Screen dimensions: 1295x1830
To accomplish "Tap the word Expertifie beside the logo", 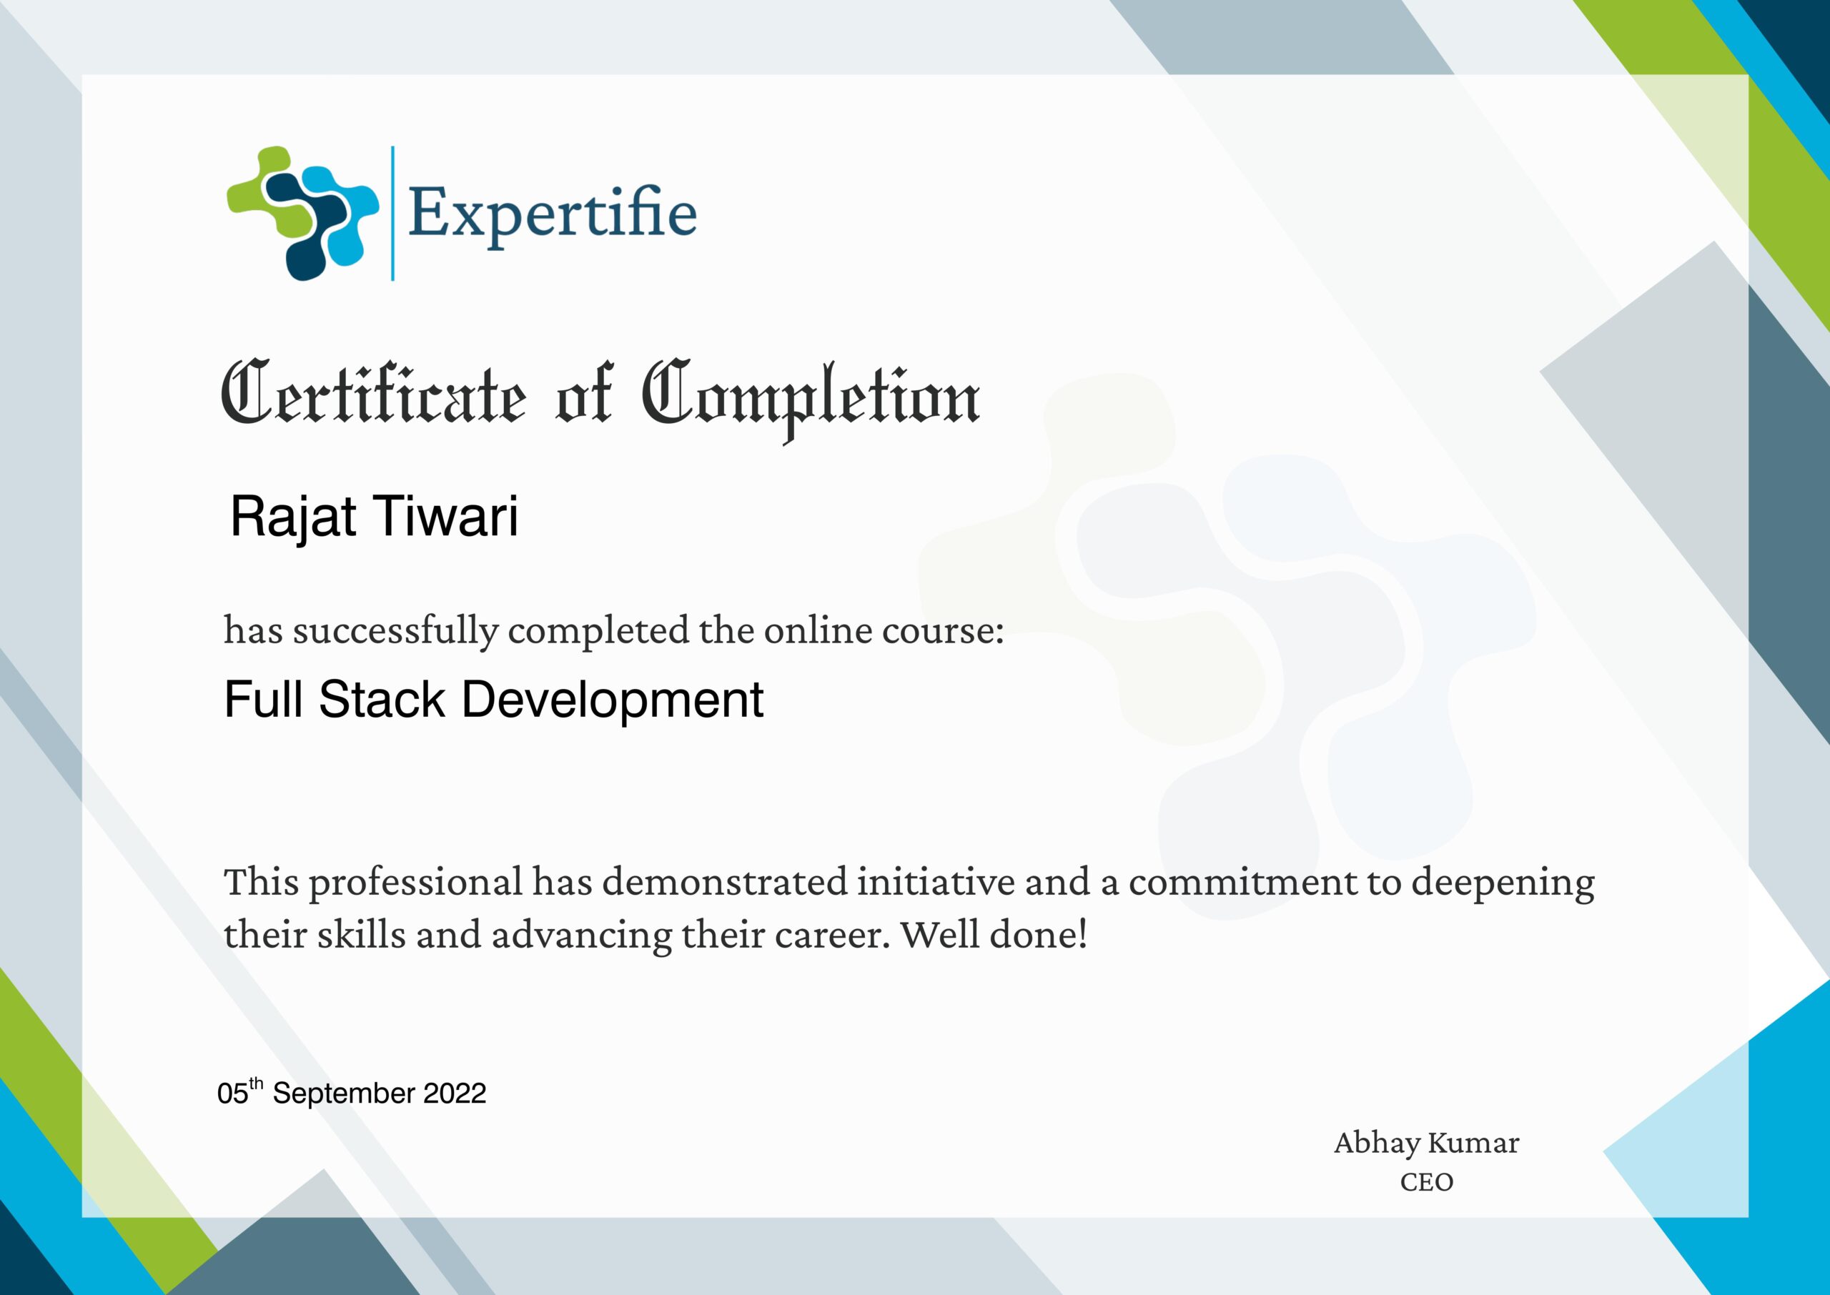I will tap(552, 214).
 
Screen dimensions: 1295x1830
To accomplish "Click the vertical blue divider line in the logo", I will tap(392, 213).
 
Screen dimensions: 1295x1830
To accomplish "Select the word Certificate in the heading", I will tap(373, 395).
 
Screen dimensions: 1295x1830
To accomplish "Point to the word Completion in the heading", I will tap(811, 397).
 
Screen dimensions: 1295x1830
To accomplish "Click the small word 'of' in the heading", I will tap(584, 395).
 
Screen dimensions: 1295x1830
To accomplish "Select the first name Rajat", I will tap(292, 517).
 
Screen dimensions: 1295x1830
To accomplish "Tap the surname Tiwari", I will tap(446, 516).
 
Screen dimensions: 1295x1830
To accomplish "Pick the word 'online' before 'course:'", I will tap(818, 630).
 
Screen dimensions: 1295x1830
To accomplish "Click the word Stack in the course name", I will tap(381, 700).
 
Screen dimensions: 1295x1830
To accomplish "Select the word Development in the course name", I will tap(613, 700).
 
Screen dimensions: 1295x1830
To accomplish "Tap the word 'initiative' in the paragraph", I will tap(935, 882).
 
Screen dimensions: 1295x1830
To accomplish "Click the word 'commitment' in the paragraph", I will tap(1242, 882).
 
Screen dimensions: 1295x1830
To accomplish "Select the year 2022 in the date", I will tap(454, 1093).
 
